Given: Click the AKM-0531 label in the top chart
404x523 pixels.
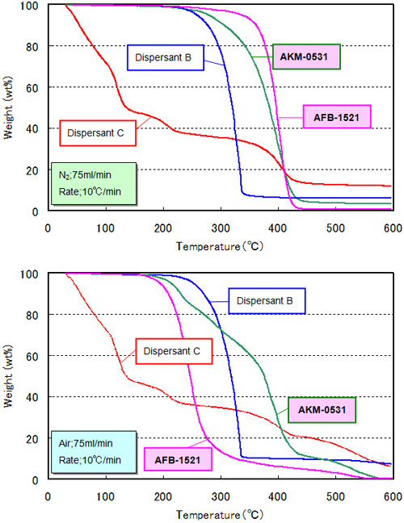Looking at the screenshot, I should point(305,57).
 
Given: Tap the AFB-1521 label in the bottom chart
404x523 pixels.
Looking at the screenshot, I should point(178,460).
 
